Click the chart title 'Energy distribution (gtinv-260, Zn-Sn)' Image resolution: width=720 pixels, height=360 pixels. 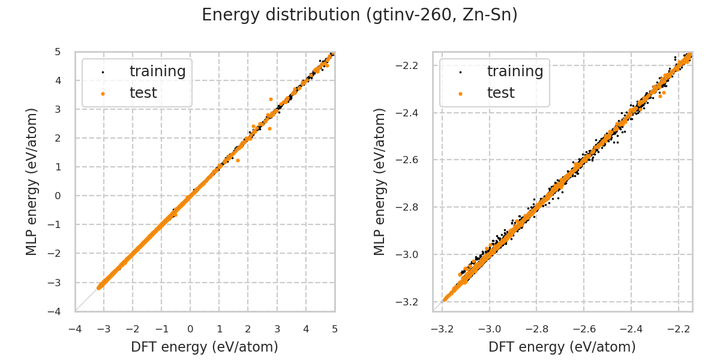(359, 15)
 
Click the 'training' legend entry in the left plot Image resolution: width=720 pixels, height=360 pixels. (157, 71)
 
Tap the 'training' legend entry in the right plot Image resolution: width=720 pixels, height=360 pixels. (515, 71)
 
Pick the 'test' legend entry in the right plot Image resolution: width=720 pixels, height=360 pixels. (500, 93)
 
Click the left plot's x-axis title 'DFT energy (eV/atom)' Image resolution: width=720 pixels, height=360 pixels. (205, 347)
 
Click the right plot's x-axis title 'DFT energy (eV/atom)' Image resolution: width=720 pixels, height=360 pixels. (562, 347)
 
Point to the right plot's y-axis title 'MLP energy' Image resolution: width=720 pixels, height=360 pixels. (380, 181)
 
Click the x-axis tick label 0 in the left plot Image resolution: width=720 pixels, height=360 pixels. (190, 329)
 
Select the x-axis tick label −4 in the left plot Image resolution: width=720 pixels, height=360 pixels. (74, 329)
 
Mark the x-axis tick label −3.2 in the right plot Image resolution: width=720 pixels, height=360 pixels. (442, 329)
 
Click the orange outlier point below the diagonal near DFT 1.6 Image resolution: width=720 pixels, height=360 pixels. (238, 160)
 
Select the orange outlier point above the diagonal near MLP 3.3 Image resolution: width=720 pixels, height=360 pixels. (271, 99)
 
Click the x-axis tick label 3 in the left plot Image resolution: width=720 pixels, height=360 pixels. (277, 329)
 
